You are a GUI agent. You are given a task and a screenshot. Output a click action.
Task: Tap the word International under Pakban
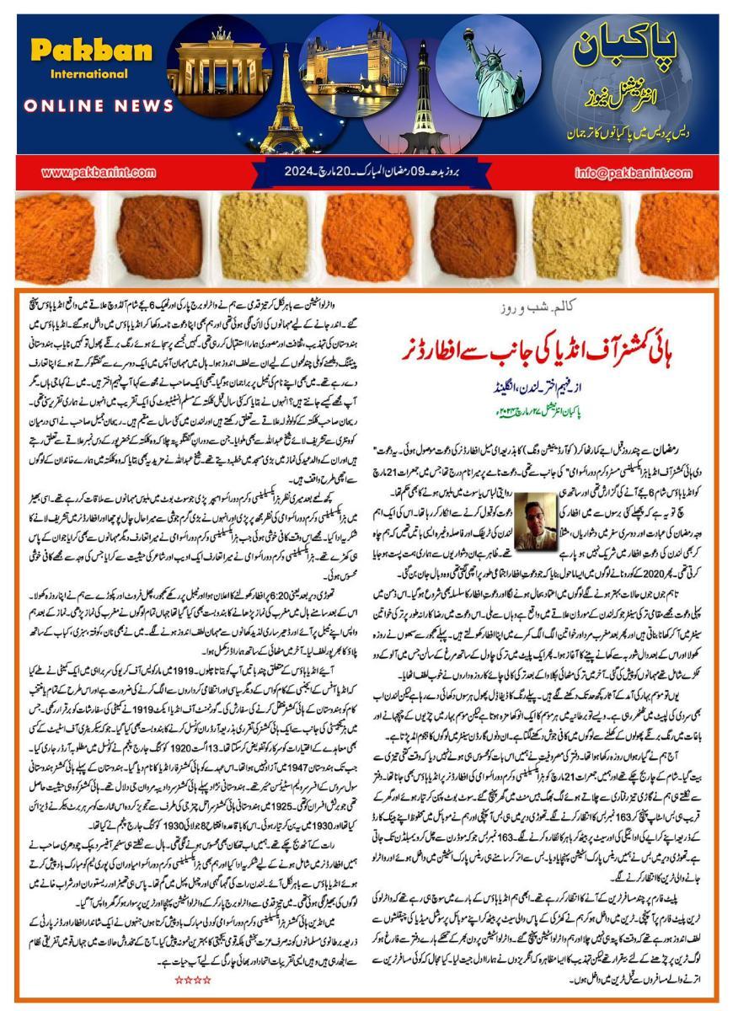tap(77, 74)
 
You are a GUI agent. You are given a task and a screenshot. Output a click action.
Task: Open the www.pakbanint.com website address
tap(98, 172)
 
